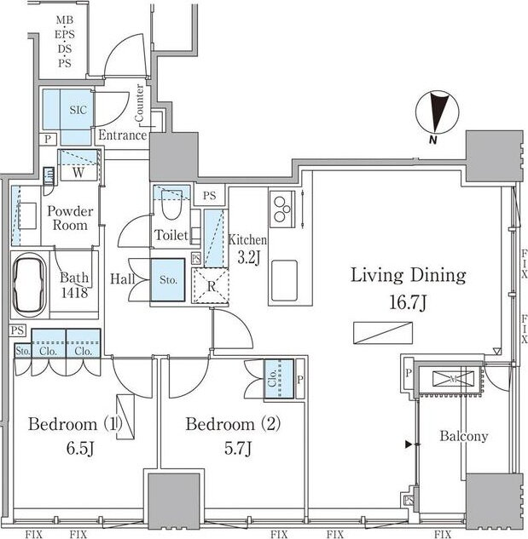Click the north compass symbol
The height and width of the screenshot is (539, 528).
coord(437,112)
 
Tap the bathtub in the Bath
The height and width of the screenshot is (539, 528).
coord(30,284)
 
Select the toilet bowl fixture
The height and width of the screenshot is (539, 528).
coord(171,205)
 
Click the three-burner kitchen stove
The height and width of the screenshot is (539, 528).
coord(282,209)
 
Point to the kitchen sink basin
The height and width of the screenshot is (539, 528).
coord(284,280)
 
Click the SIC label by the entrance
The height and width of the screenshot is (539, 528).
coord(78,110)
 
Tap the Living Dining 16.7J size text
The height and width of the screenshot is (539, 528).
coord(408,302)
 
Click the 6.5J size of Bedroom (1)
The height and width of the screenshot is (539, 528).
coord(80,448)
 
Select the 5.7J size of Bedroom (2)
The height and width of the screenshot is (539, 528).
coord(238,448)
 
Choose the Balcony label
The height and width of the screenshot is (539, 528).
coord(464,436)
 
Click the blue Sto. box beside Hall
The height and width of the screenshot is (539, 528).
coord(168,280)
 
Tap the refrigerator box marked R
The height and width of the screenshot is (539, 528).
coord(210,285)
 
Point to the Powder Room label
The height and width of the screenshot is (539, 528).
coord(70,218)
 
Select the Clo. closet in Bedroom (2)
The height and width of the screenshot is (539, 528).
coord(279,379)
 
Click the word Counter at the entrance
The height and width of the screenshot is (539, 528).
coord(140,103)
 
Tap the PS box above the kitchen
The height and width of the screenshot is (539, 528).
coord(210,196)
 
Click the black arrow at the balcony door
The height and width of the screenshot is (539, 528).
coord(409,444)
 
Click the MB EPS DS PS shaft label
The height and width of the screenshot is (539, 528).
coord(65,42)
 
